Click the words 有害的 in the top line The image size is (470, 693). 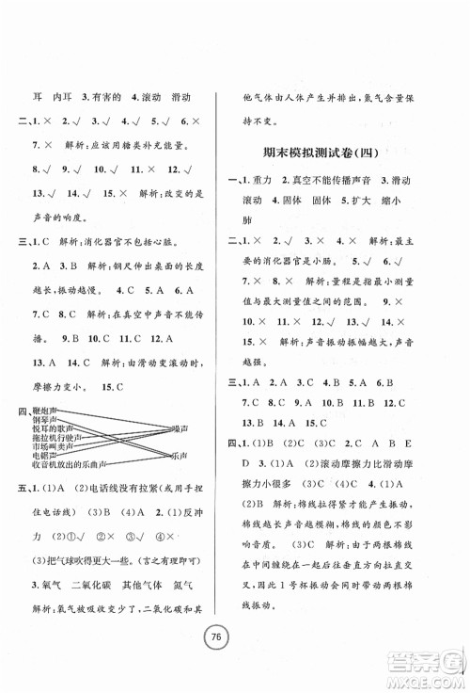click(106, 95)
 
